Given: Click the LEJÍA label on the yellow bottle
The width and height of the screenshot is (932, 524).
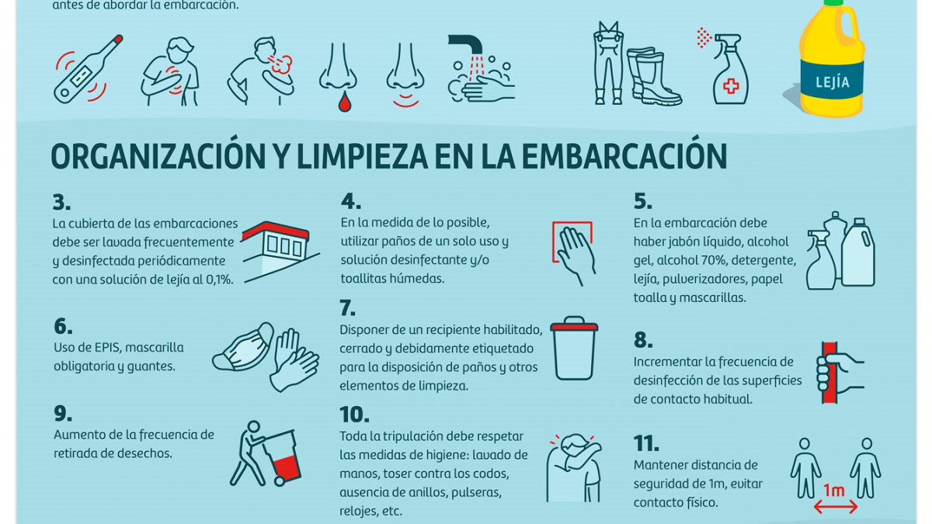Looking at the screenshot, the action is (x=832, y=82).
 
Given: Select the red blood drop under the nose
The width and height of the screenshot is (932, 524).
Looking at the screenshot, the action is (x=345, y=102).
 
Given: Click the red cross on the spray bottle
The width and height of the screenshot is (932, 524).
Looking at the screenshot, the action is (x=730, y=86).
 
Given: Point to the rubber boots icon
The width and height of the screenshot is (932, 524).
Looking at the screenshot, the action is (x=654, y=76).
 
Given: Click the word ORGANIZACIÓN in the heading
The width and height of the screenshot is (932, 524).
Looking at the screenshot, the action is (x=158, y=155).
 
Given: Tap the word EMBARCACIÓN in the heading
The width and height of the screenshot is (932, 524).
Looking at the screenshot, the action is (x=624, y=155).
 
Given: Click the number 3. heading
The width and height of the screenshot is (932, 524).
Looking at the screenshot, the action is (x=61, y=203).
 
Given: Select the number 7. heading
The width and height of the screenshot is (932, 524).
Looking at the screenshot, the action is (x=347, y=309).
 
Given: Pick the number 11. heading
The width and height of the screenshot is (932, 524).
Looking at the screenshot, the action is (x=646, y=443).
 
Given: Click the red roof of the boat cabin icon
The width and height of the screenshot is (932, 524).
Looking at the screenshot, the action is (x=275, y=231).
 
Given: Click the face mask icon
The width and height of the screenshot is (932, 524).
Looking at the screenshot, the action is (x=243, y=347).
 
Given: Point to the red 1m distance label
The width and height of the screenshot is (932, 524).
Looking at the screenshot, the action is (x=834, y=491).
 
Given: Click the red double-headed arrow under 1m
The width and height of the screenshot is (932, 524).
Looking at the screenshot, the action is (x=836, y=507).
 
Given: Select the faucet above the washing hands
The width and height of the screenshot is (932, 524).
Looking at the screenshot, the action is (x=466, y=46).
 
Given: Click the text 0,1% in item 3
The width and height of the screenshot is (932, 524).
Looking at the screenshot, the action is (x=219, y=280).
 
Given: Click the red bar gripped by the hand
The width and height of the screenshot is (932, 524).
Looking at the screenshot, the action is (x=829, y=373).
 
